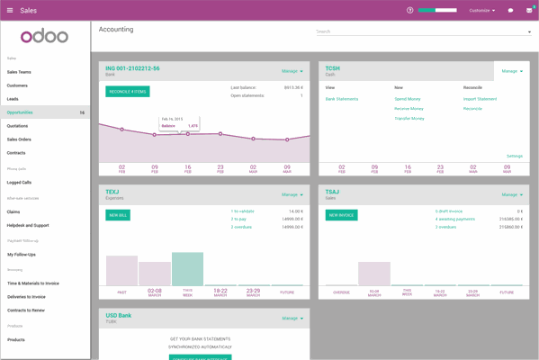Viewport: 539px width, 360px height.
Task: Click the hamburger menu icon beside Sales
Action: pyautogui.click(x=10, y=10)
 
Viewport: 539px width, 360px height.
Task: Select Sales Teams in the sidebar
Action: pyautogui.click(x=19, y=72)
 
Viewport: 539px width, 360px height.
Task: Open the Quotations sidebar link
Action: pyautogui.click(x=17, y=126)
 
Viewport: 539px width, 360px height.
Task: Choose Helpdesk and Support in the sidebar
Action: pyautogui.click(x=28, y=225)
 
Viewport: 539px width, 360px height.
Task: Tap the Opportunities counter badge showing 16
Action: pyautogui.click(x=82, y=112)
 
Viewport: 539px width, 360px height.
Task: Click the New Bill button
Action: pyautogui.click(x=118, y=215)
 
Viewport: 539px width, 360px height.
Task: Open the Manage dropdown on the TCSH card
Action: pyautogui.click(x=511, y=71)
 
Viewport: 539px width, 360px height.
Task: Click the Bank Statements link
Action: pyautogui.click(x=342, y=99)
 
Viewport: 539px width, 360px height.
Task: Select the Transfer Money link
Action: pyautogui.click(x=409, y=118)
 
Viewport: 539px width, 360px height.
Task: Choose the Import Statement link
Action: pyautogui.click(x=480, y=99)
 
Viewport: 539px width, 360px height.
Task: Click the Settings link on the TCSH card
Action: pyautogui.click(x=514, y=156)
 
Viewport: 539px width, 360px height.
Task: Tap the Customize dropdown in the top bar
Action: pyautogui.click(x=481, y=10)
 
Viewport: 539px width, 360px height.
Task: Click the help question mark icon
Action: pyautogui.click(x=410, y=10)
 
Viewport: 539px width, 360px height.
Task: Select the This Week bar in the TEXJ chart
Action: pyautogui.click(x=187, y=268)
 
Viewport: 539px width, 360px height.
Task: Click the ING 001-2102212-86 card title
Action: pyautogui.click(x=132, y=68)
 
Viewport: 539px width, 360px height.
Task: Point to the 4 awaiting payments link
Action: pyautogui.click(x=455, y=219)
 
